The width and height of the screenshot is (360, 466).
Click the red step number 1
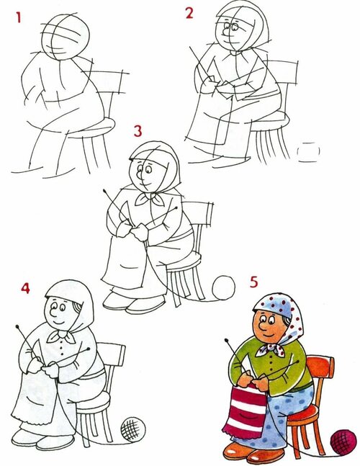point(19,17)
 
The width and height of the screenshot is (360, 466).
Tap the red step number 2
point(189,13)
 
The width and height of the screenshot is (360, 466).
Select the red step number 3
point(138,131)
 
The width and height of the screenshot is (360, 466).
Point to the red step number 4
point(25,287)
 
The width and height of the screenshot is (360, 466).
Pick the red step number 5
point(253,282)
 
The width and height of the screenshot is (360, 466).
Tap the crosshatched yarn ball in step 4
point(132,429)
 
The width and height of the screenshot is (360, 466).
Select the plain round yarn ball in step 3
point(223,287)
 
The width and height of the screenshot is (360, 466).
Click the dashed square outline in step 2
point(309,152)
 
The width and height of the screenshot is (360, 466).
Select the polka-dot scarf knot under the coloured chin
point(270,349)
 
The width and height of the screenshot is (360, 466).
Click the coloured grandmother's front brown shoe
point(266,457)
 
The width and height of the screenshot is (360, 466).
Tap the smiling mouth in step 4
point(58,323)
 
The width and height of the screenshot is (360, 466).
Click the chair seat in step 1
point(89,128)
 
